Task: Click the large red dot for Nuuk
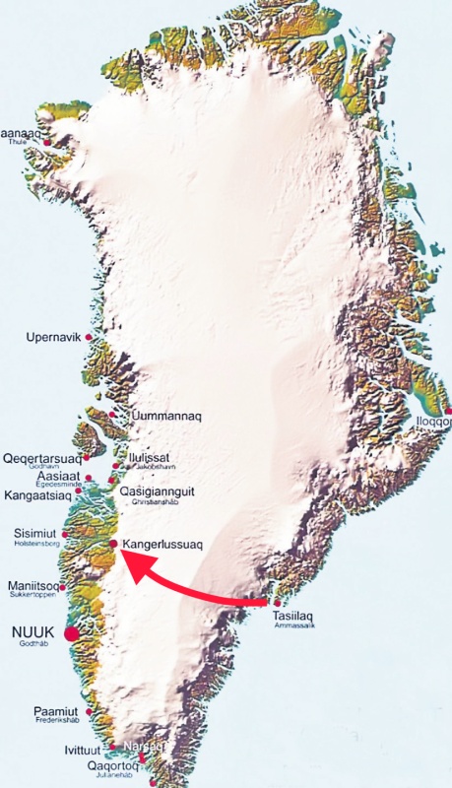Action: (x=71, y=634)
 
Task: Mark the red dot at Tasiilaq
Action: (x=277, y=602)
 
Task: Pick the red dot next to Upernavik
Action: (x=90, y=338)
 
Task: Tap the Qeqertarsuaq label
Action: (x=41, y=459)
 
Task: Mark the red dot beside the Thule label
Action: (x=46, y=143)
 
